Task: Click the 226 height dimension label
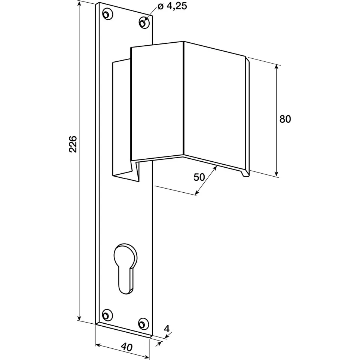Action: point(73,144)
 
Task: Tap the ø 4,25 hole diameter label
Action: point(173,6)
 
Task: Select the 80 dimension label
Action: point(285,119)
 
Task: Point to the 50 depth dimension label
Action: point(199,177)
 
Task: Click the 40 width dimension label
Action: point(126,347)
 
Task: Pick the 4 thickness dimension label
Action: point(167,329)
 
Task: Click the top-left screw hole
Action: point(107,14)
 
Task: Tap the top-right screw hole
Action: point(144,23)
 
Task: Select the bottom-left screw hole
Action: point(107,315)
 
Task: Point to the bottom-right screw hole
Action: point(144,324)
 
